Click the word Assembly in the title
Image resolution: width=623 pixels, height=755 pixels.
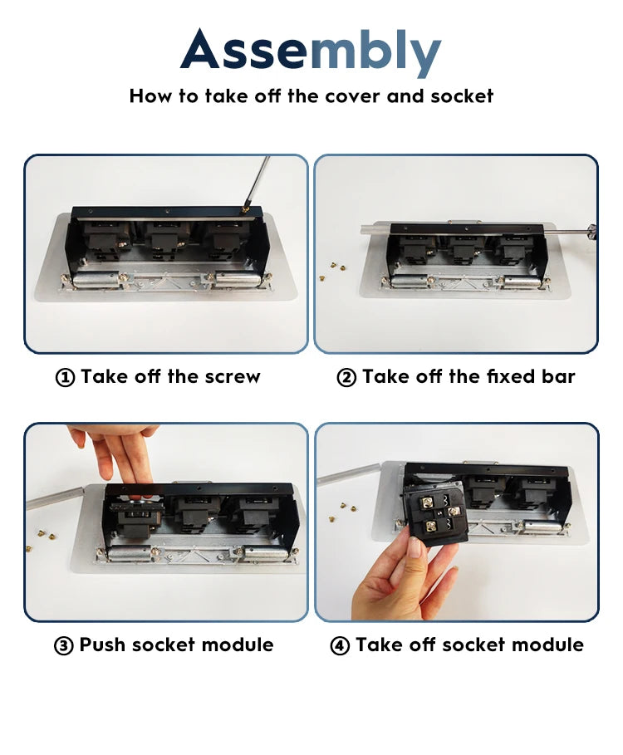(311, 51)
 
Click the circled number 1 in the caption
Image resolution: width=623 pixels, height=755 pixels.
(65, 377)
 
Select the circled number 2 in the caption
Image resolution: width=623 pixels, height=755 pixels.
(346, 377)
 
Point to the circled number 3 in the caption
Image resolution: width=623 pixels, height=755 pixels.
(64, 645)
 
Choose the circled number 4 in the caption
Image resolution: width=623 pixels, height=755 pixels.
(340, 645)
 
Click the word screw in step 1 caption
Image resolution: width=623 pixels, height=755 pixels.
(233, 377)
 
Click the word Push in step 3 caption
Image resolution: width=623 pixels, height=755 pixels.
(102, 645)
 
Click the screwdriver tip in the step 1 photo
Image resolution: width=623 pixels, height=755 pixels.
(245, 209)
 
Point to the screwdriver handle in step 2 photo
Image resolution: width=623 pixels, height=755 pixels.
(591, 230)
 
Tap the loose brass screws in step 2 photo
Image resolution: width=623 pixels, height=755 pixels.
(331, 270)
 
